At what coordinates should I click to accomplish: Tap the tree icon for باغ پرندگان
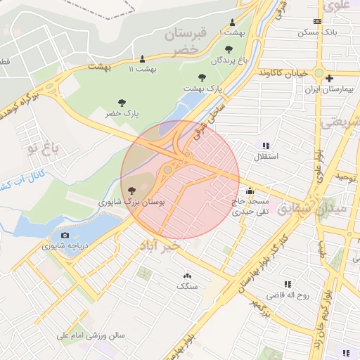pos(229,49)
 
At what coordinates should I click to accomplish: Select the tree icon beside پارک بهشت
pos(202,77)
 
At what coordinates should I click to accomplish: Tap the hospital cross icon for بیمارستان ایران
pos(328,77)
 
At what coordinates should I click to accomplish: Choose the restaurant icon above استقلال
pos(266,145)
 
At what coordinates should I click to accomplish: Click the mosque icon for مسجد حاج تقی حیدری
pos(250,191)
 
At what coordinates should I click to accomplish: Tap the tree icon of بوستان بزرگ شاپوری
pos(133,190)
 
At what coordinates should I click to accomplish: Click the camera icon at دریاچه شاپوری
pos(65,235)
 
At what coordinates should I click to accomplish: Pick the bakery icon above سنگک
pos(188,276)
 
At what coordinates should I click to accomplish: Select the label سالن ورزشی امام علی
pos(92,336)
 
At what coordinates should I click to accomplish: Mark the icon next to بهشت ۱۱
pos(143,58)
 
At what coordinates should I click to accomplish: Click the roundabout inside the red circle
pos(168,169)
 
